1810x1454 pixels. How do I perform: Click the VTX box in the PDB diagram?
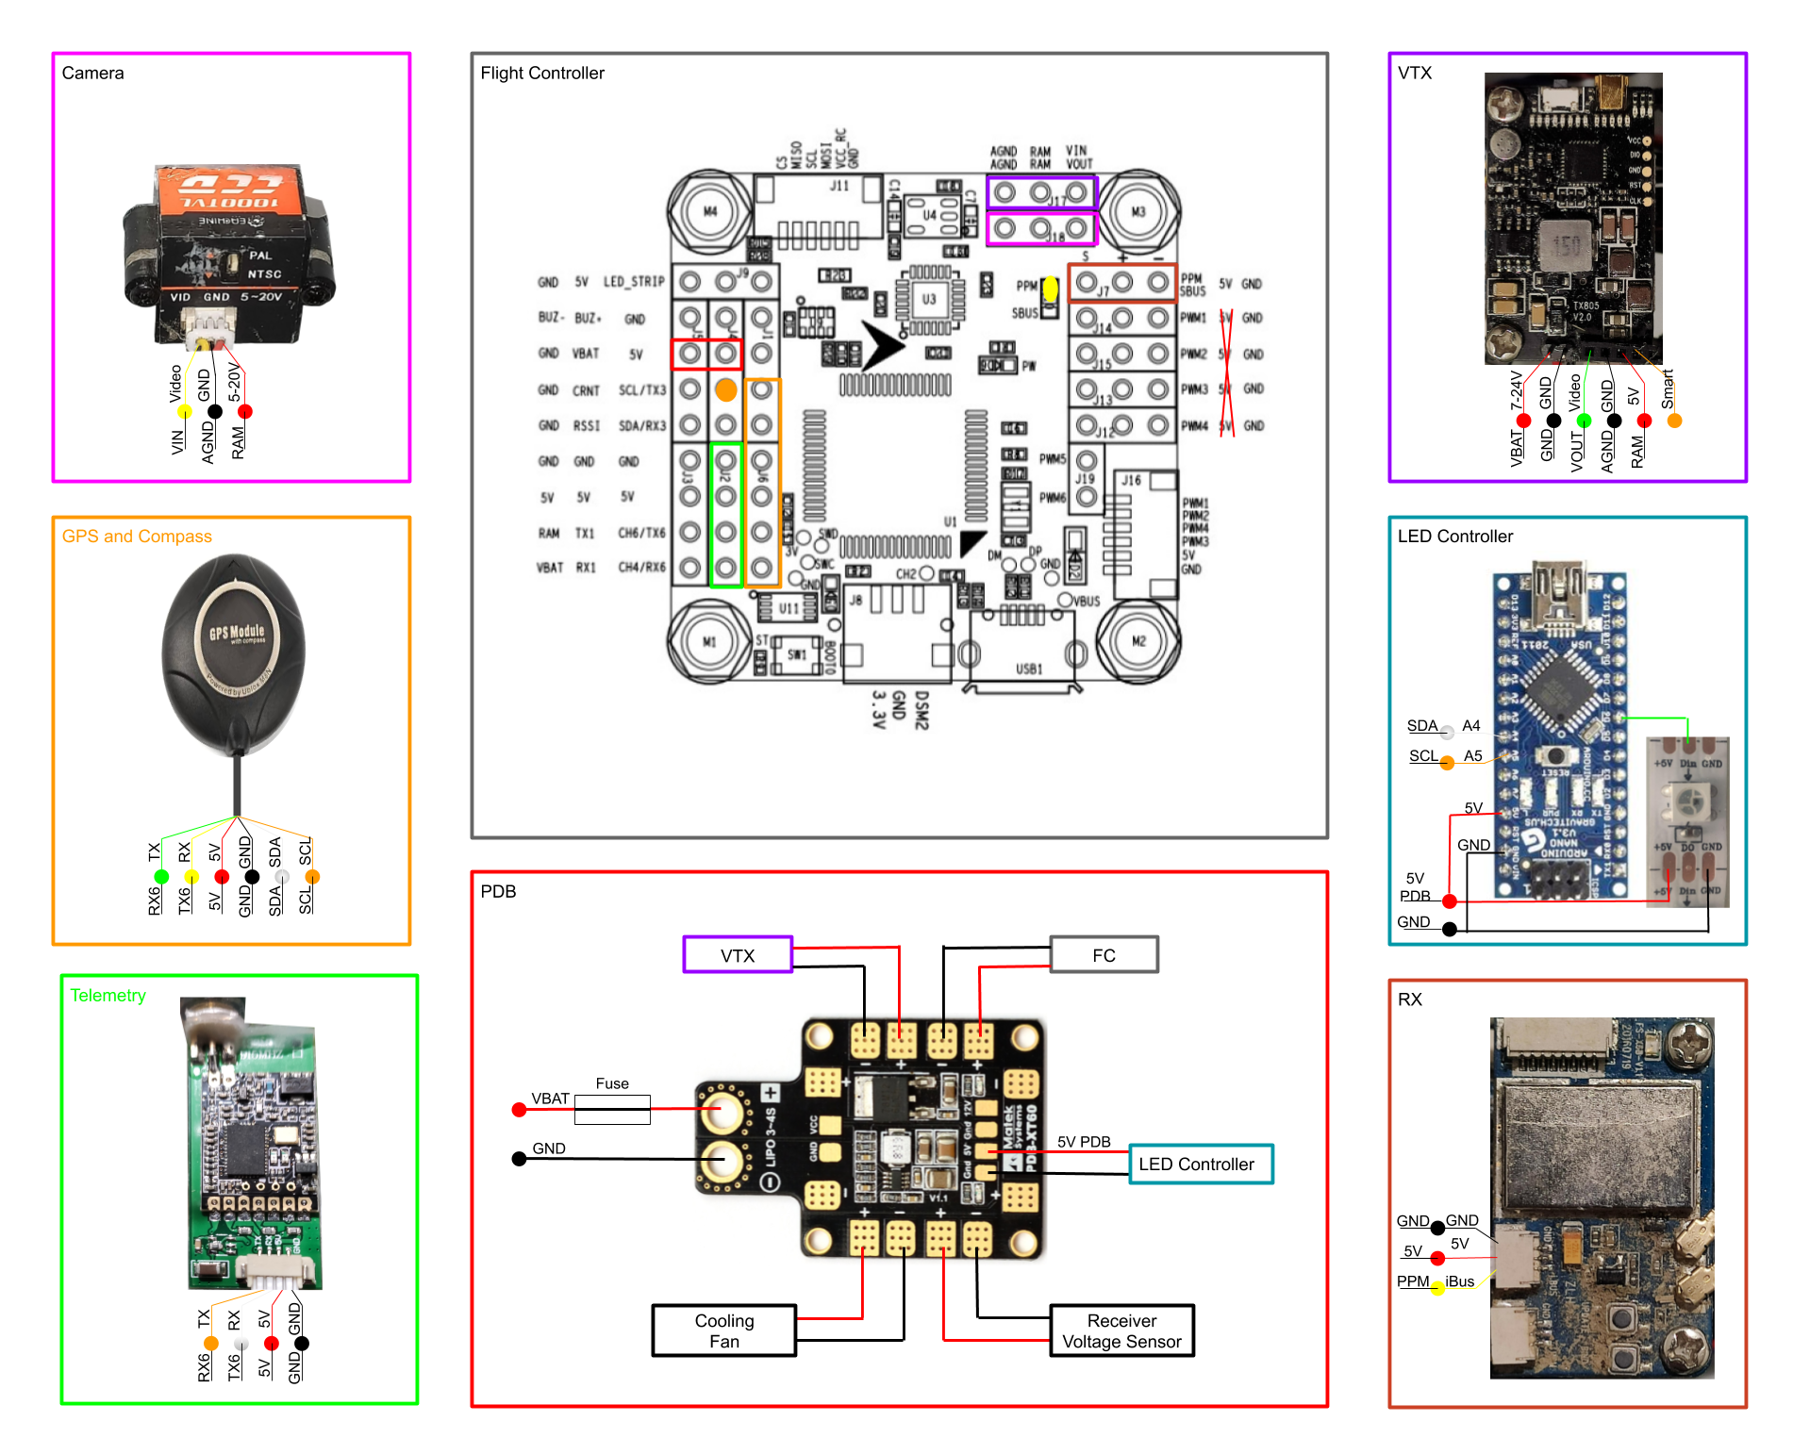point(738,955)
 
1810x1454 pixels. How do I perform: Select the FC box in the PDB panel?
point(1104,955)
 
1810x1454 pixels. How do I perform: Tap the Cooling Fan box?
point(723,1330)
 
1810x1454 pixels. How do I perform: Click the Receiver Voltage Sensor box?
point(1121,1330)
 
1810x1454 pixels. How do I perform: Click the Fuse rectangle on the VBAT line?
point(612,1109)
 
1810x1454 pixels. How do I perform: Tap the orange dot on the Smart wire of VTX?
point(1674,421)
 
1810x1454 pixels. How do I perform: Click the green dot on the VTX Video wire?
point(1584,421)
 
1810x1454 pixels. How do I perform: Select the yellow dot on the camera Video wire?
point(185,411)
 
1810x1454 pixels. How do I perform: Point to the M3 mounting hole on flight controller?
point(1138,211)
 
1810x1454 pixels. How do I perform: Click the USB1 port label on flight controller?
point(1028,669)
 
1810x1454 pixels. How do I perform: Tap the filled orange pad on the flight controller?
point(725,389)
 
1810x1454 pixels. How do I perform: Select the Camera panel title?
point(92,73)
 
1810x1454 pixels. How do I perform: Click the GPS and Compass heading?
point(137,536)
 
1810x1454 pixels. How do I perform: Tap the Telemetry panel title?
point(108,995)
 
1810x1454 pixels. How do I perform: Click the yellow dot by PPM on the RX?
point(1437,1288)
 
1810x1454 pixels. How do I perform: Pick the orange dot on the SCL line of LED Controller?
point(1447,763)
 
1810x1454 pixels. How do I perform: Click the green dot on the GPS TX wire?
point(161,877)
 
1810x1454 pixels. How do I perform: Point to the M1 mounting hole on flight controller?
point(709,641)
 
